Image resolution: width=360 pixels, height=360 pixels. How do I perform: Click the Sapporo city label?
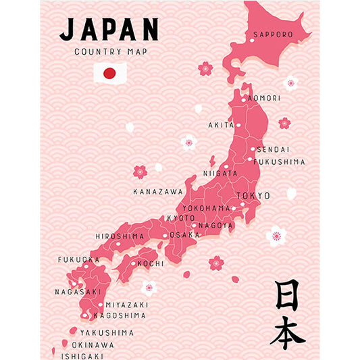point(273,34)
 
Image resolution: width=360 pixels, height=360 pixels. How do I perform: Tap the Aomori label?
point(264,99)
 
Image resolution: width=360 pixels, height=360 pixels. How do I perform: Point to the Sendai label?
point(273,149)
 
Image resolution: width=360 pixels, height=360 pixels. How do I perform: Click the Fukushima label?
point(279,162)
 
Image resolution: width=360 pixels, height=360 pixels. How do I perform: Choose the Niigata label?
point(220,174)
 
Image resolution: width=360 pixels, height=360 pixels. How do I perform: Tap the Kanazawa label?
point(157,192)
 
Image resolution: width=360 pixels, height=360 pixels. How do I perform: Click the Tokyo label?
point(253,196)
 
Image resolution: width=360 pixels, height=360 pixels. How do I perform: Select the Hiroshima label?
point(120,236)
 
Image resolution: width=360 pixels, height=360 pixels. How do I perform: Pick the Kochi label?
point(150,263)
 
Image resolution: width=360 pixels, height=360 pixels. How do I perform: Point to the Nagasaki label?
point(78,292)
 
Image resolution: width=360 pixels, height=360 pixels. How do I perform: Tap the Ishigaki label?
point(82,355)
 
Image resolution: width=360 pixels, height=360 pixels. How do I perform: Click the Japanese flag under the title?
point(110,73)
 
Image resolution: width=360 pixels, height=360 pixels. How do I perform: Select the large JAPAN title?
point(109,30)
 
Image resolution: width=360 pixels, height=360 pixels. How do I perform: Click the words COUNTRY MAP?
point(111,52)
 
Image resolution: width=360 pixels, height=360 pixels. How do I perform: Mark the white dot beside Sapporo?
point(252,41)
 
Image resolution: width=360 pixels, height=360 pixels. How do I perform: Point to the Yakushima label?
point(107,333)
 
